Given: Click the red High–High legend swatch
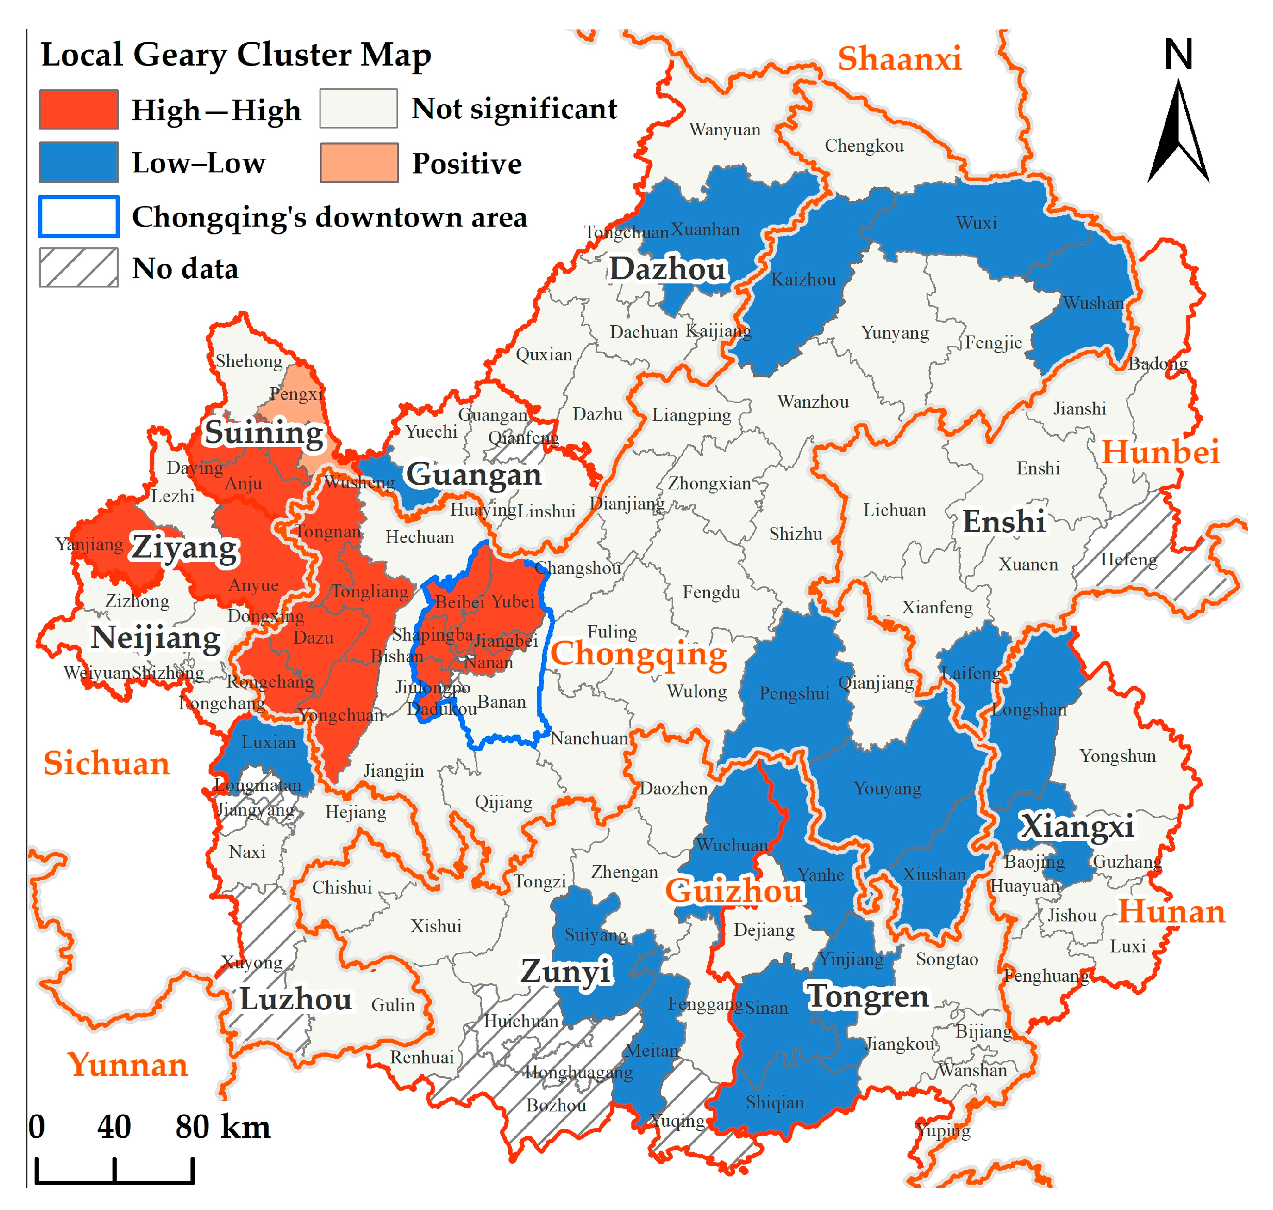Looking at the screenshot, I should tap(78, 109).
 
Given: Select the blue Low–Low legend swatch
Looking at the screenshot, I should tap(78, 163).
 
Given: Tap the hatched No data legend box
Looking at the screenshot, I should tap(78, 268).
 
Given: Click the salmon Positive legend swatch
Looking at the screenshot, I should tap(359, 163).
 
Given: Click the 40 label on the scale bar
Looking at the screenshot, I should tap(114, 1127).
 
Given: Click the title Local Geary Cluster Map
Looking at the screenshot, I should tap(236, 55).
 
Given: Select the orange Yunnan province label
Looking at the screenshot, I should tap(128, 1065).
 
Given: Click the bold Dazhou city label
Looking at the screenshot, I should tap(668, 269).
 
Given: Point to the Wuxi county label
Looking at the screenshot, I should tap(976, 223).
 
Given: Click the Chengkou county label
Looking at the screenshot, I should tap(864, 146).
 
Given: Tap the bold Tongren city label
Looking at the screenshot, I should tap(868, 996).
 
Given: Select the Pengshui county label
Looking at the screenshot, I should tap(794, 694).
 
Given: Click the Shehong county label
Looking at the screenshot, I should tap(249, 361).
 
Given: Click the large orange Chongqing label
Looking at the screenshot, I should tap(639, 654).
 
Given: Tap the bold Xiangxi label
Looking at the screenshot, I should tap(1076, 827).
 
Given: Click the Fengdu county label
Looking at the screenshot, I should tap(711, 593).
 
